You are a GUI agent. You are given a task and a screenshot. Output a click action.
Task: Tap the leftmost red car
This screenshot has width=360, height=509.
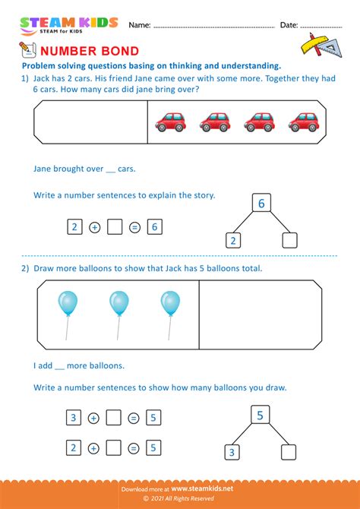(x=170, y=121)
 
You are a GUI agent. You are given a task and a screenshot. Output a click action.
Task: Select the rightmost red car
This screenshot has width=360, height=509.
(x=303, y=121)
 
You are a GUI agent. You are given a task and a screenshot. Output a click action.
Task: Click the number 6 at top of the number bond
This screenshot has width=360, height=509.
(x=261, y=204)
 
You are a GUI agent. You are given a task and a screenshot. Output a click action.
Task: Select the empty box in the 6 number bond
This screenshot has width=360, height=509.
(x=289, y=241)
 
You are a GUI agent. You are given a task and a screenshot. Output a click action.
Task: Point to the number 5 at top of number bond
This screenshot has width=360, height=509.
(x=260, y=416)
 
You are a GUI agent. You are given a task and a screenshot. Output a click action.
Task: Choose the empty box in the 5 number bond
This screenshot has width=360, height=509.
(x=288, y=452)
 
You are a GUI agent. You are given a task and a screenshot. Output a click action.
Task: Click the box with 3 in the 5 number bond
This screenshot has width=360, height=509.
(x=231, y=453)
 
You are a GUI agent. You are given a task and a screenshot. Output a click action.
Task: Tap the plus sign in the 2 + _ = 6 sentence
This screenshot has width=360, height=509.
(x=94, y=226)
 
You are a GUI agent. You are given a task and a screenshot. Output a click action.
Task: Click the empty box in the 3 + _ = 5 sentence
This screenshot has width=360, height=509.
(x=114, y=417)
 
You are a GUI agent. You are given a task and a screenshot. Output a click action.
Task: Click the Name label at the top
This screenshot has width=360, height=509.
(x=139, y=25)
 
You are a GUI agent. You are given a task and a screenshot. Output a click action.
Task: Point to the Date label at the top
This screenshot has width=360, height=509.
(x=289, y=25)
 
